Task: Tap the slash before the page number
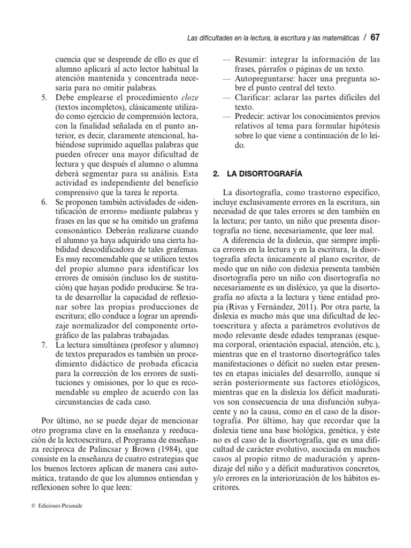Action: pyautogui.click(x=364, y=37)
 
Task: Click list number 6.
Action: pyautogui.click(x=43, y=204)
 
